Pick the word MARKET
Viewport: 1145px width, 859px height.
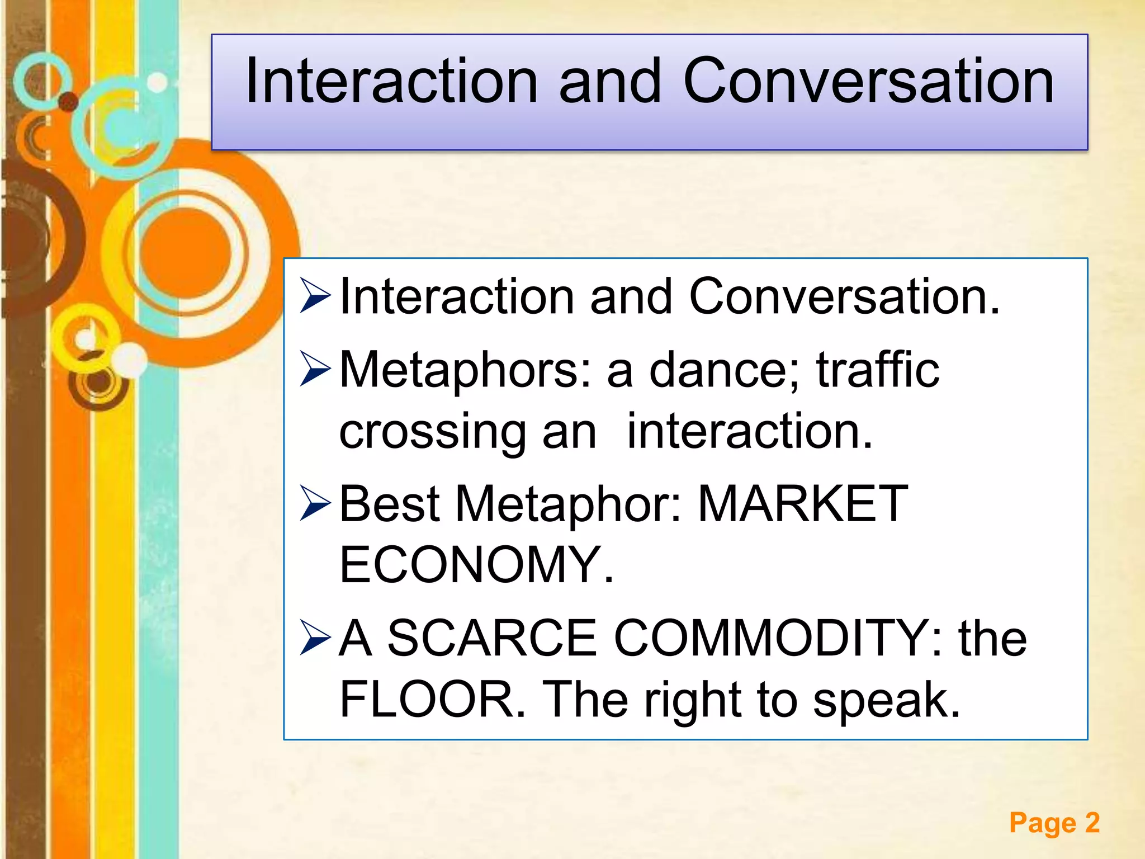pyautogui.click(x=803, y=504)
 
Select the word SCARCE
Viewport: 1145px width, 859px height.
pyautogui.click(x=492, y=638)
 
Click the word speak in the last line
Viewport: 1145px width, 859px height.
pyautogui.click(x=886, y=701)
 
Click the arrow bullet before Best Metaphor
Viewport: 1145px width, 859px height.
pyautogui.click(x=315, y=503)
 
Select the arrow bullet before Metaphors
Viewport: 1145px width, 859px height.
pyautogui.click(x=315, y=369)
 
